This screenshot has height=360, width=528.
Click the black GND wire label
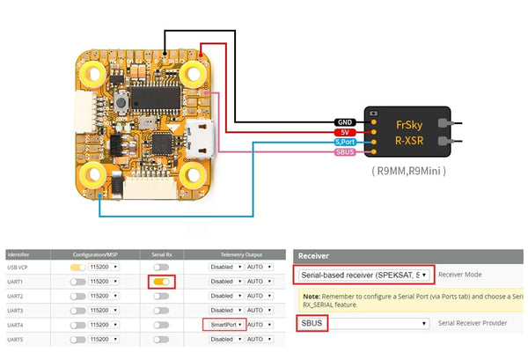(x=345, y=122)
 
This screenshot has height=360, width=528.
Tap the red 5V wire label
(x=345, y=132)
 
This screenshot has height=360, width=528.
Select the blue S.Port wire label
(x=345, y=142)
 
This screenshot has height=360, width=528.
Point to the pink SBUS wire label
(x=345, y=152)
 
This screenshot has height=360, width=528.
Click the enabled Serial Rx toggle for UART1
(x=161, y=281)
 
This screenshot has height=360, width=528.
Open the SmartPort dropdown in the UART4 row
(x=226, y=325)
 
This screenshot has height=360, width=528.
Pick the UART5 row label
(x=17, y=340)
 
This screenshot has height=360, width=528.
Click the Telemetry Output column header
(x=238, y=253)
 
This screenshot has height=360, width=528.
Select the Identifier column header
(x=18, y=253)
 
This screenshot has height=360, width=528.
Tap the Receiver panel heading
(x=314, y=256)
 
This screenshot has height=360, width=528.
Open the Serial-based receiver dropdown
(x=363, y=275)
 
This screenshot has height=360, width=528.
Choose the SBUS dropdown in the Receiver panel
(x=363, y=324)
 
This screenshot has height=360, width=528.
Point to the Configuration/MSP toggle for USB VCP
(x=79, y=266)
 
